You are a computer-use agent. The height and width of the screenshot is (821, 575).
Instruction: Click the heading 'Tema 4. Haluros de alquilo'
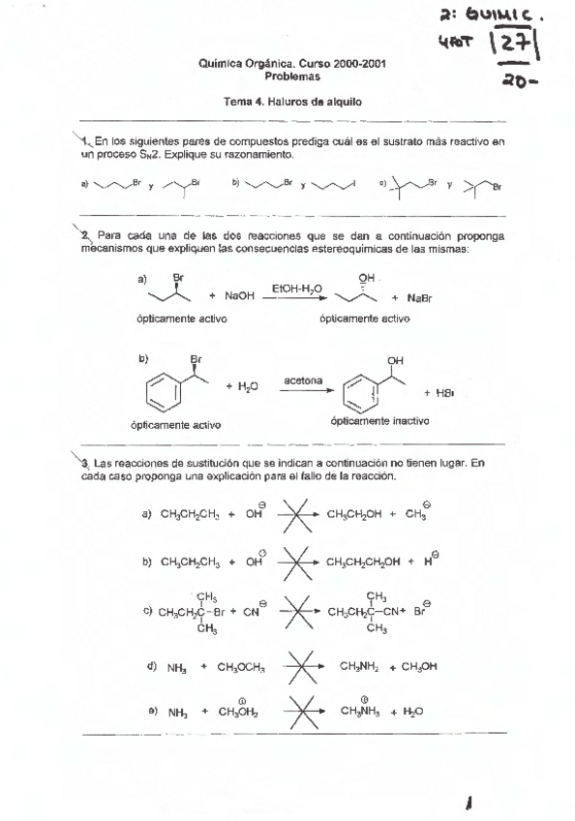pos(287,101)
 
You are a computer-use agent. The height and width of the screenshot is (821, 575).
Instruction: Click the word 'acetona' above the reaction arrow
pos(302,380)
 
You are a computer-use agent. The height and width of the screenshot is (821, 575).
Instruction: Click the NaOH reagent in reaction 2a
pos(237,298)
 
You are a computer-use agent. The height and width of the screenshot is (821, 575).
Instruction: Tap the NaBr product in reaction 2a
pos(418,298)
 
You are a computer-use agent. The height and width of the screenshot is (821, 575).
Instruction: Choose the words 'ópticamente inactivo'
pos(378,422)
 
